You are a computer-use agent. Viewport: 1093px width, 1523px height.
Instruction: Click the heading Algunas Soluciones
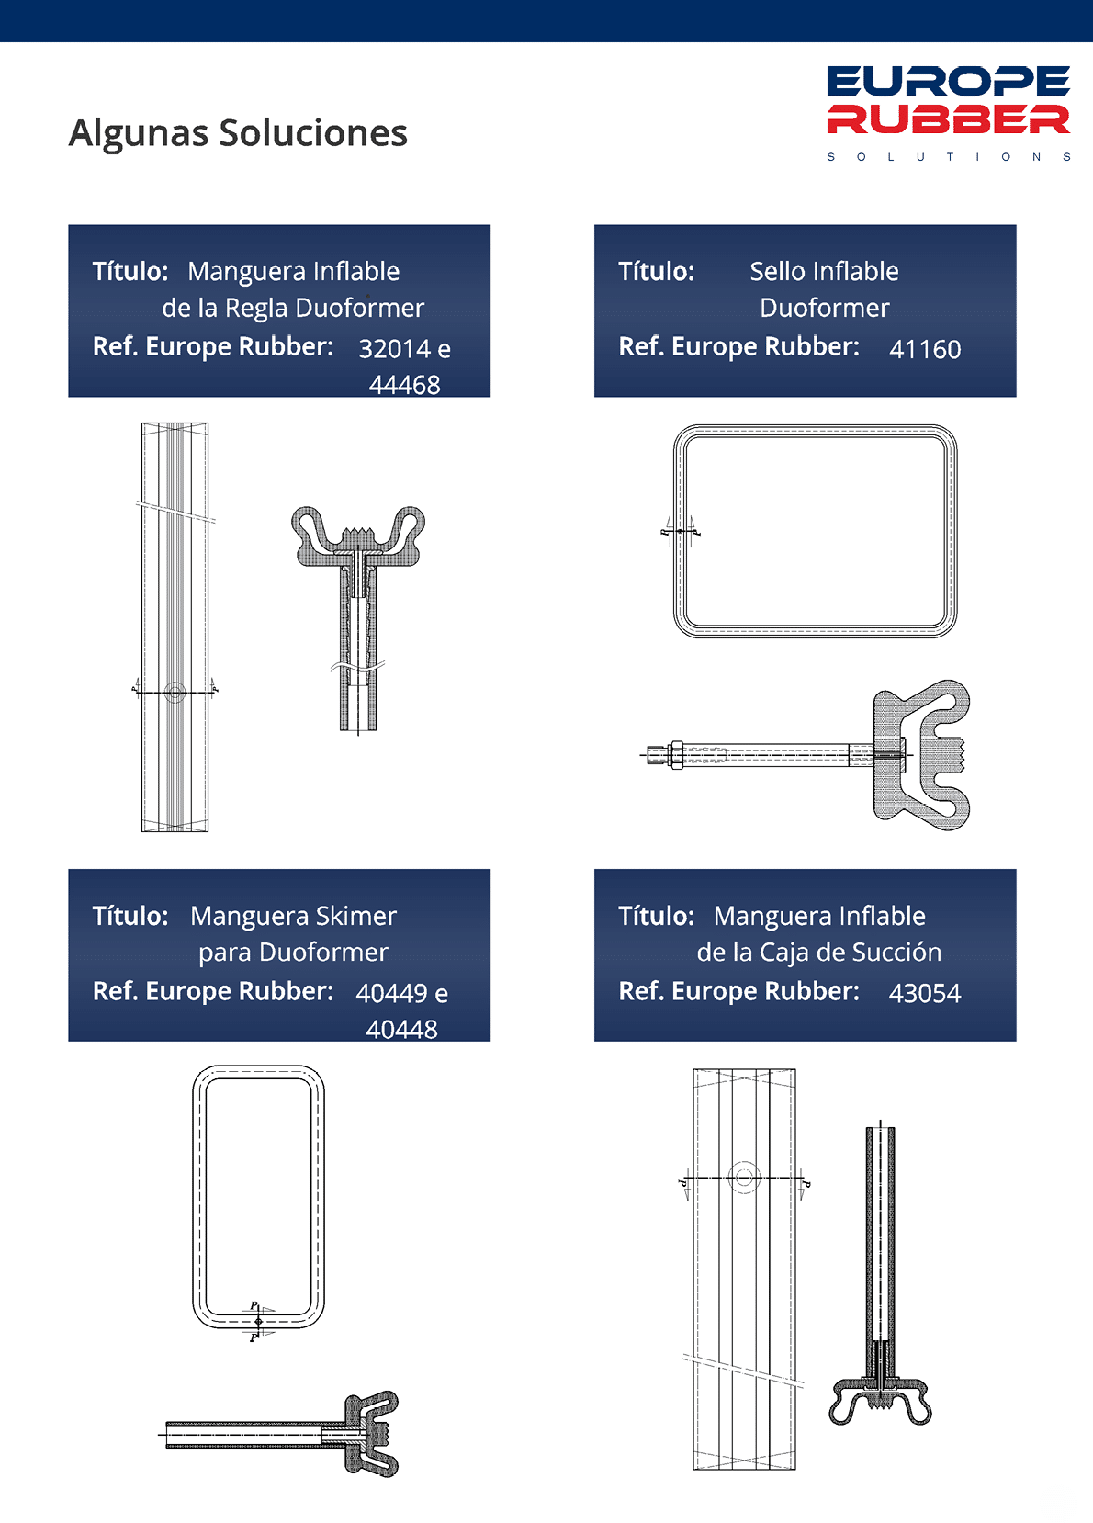tap(238, 133)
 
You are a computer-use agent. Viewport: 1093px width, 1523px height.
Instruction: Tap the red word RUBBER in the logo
tap(948, 119)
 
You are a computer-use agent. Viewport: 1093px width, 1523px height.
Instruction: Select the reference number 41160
tap(925, 349)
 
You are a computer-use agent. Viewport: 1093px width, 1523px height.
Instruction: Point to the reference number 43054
tap(925, 993)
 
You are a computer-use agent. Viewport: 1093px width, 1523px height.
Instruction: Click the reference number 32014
tap(395, 349)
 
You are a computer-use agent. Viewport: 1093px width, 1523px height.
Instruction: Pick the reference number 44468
tap(404, 386)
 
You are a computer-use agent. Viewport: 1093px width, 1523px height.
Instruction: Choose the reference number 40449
tap(391, 993)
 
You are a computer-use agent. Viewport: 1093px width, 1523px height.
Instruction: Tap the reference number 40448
tap(401, 1030)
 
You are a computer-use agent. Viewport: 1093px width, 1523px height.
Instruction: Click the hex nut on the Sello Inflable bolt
tap(676, 755)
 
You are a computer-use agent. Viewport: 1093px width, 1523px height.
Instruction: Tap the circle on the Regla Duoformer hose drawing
tap(175, 693)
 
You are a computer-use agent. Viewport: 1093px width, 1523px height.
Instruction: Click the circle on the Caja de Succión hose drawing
tap(744, 1177)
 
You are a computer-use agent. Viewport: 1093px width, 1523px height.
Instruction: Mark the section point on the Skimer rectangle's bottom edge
tap(258, 1321)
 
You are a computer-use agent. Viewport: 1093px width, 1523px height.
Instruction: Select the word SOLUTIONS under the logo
tap(949, 157)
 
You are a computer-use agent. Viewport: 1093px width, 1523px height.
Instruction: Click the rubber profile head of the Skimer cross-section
tap(371, 1433)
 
